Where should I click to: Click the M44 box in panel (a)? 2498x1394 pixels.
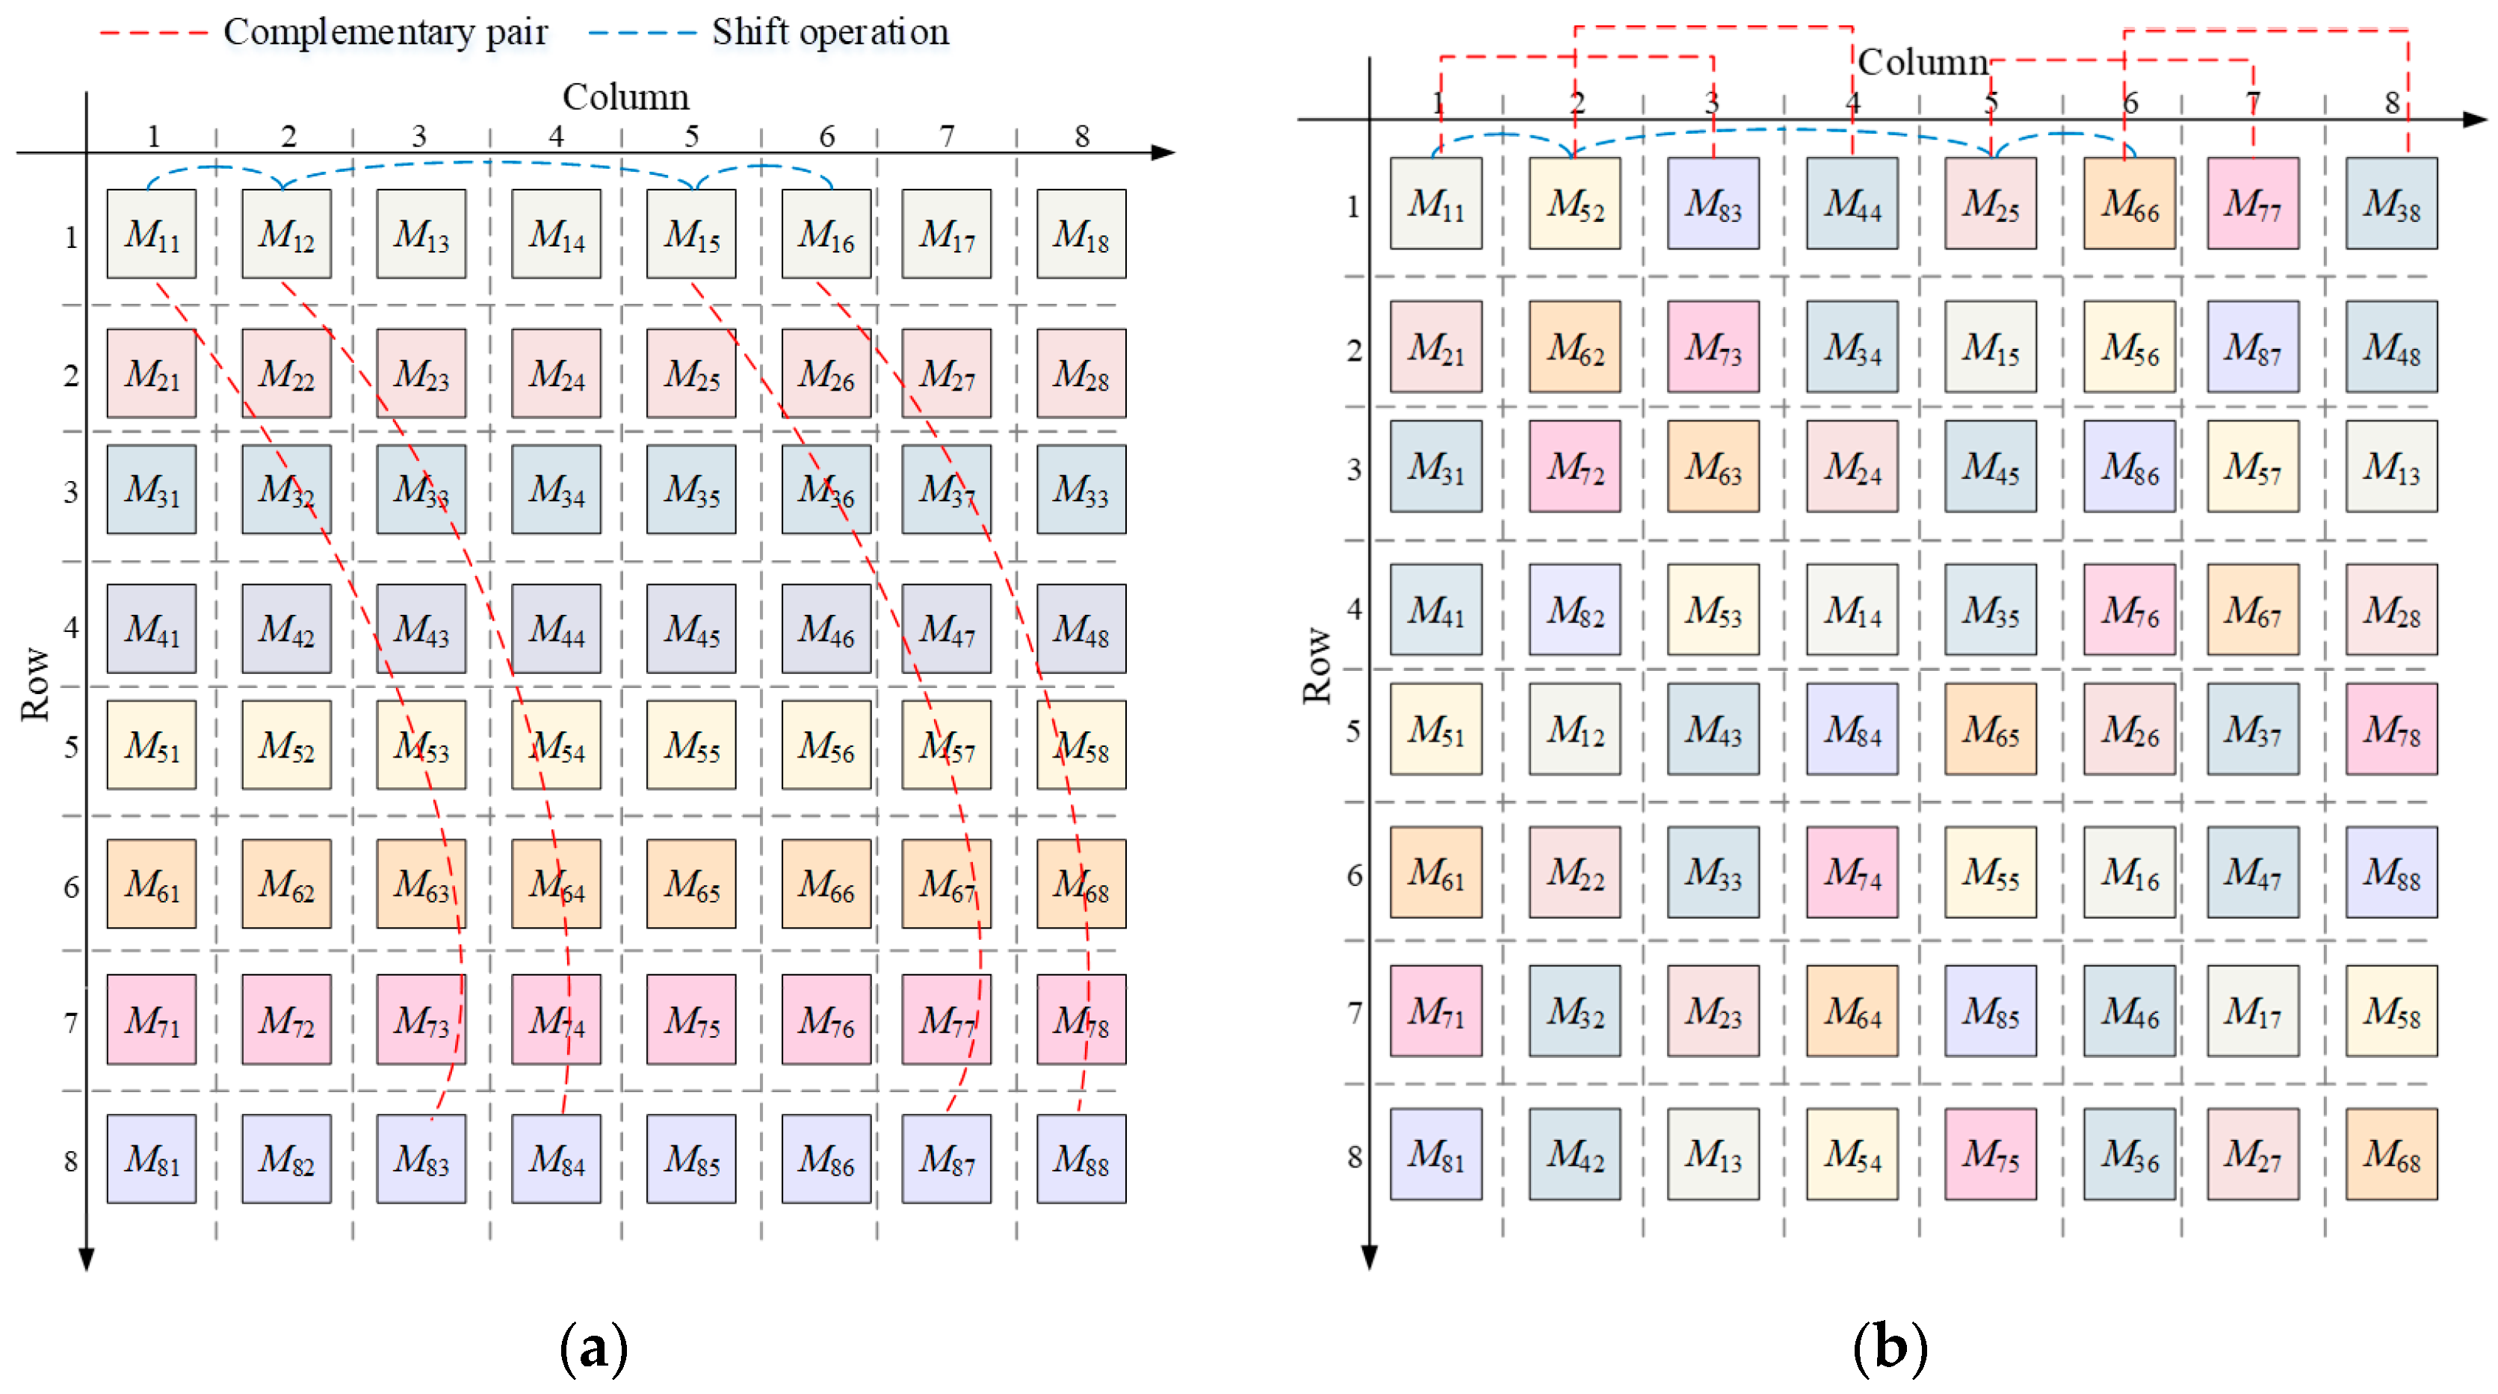(556, 628)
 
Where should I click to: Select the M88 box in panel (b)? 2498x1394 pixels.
(2390, 872)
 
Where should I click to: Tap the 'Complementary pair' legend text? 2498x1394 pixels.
(385, 32)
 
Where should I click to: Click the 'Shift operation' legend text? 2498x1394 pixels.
(830, 32)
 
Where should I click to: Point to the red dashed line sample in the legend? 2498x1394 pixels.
(153, 33)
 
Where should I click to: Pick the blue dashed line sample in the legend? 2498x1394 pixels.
(642, 33)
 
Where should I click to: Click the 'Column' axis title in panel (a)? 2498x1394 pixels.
(625, 97)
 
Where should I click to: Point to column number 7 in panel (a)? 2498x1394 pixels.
(947, 137)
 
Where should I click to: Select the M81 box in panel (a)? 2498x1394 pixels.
(151, 1159)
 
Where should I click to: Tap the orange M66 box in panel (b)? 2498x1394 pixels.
(2129, 204)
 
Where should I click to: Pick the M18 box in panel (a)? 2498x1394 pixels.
(1080, 234)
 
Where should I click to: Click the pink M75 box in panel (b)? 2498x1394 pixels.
(1990, 1153)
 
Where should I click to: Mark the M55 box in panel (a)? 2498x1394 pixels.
(690, 745)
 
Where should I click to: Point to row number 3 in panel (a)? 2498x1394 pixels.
(71, 492)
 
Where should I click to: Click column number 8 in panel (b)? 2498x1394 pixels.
(2391, 102)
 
